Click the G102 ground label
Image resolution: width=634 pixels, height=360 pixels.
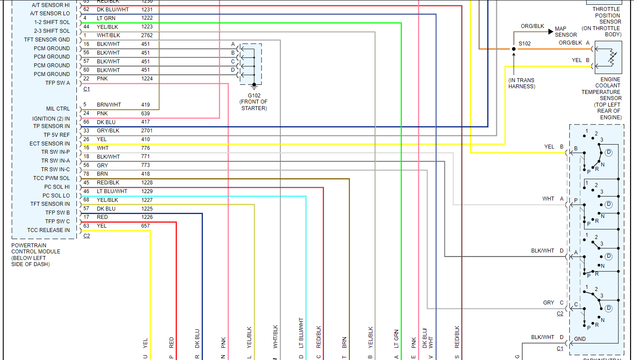coord(254,95)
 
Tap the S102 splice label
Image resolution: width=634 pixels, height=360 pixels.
coord(524,43)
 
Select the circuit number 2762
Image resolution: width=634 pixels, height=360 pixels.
coord(147,35)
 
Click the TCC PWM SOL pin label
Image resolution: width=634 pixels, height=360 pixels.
coord(52,178)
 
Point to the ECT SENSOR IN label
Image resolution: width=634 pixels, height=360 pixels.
coord(49,144)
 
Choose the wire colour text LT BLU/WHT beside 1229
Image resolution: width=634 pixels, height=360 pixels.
coord(112,191)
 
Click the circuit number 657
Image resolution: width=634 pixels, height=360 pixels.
coord(145,226)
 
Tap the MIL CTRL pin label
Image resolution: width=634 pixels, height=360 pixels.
coord(58,109)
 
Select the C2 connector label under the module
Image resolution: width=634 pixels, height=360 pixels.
coord(86,236)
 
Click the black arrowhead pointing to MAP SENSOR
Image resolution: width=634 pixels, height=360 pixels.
coord(551,31)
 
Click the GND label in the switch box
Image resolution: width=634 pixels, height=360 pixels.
coord(580,339)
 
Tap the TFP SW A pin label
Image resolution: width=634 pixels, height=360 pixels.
coord(57,83)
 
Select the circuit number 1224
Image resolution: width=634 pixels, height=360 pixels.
coord(147,79)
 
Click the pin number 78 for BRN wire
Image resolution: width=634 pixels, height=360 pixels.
coord(86,174)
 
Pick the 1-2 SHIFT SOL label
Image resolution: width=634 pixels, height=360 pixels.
coord(52,22)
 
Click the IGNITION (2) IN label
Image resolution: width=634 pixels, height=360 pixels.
coord(51,119)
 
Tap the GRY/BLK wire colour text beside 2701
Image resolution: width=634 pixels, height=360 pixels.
coord(108,131)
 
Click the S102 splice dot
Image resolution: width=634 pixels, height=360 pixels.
coord(514,49)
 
